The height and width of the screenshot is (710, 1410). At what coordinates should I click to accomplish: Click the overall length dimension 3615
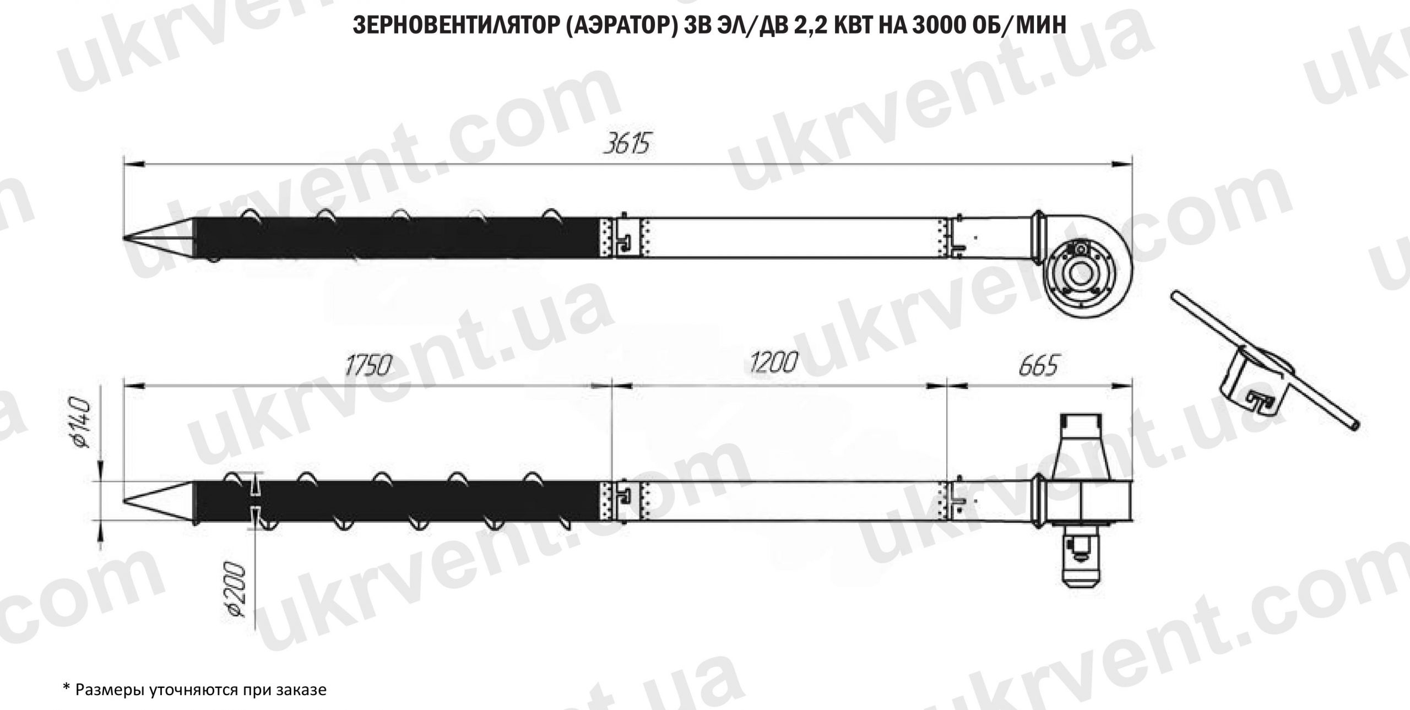click(x=626, y=145)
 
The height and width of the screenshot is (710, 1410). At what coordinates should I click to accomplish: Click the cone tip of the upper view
click(x=130, y=238)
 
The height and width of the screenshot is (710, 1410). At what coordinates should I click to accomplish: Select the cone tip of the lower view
click(x=130, y=501)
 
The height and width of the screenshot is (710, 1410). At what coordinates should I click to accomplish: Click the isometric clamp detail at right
click(x=1256, y=380)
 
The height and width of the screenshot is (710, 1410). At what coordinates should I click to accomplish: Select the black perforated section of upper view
click(x=397, y=238)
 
